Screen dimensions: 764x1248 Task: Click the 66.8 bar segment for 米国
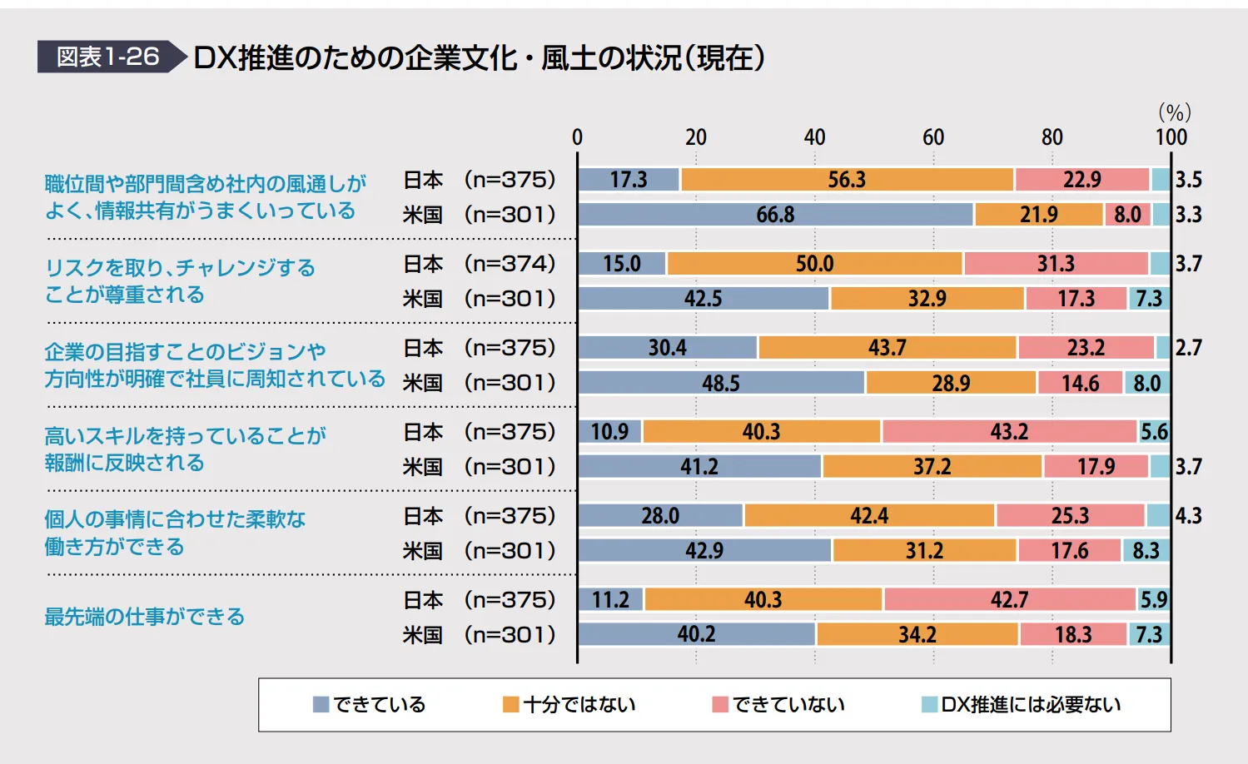point(775,215)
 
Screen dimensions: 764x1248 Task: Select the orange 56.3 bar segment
point(847,180)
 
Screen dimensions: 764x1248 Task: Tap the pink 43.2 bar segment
point(1009,432)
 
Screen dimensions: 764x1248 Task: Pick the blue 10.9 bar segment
point(609,432)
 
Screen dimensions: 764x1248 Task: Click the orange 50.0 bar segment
point(814,264)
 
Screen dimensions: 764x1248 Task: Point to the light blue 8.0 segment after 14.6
point(1146,383)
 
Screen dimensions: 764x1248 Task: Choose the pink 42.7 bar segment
point(1009,599)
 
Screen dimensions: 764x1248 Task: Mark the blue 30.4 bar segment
point(667,348)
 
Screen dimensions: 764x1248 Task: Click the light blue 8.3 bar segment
point(1146,551)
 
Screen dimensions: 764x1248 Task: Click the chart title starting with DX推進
point(479,57)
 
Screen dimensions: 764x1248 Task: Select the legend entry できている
point(370,705)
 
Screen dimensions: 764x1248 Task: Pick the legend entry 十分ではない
point(569,705)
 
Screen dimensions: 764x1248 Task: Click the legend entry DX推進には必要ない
point(1022,705)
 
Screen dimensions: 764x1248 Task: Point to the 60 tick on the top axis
point(933,137)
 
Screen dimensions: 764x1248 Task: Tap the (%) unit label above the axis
point(1174,112)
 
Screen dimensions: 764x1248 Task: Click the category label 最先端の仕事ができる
point(145,617)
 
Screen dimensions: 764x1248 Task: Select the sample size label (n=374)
point(510,264)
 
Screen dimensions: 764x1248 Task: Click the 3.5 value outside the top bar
point(1188,180)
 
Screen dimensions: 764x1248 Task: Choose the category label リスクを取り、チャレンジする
point(180,268)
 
